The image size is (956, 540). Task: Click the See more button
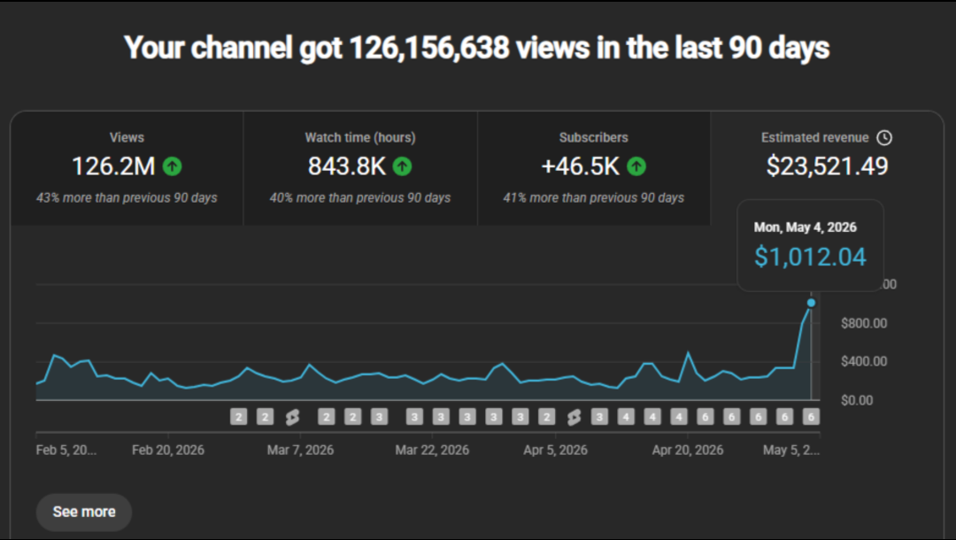[x=84, y=512]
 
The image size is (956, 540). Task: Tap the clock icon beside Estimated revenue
[x=884, y=138]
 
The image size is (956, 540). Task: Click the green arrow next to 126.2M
[x=173, y=166]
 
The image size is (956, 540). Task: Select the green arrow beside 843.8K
[x=403, y=166]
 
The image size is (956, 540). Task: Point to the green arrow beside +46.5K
[x=636, y=166]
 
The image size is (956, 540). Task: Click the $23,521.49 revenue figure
[x=828, y=166]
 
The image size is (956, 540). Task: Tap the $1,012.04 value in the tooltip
[x=810, y=257]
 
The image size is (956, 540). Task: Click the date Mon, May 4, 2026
[x=805, y=228]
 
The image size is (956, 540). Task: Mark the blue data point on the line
[x=811, y=303]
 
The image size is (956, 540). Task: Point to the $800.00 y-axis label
[x=864, y=323]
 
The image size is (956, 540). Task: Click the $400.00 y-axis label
[x=864, y=361]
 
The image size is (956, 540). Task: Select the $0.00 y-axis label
[x=857, y=400]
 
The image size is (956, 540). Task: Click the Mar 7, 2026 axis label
[x=300, y=451]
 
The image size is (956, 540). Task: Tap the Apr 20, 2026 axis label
[x=688, y=451]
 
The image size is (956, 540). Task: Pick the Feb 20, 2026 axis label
[x=167, y=451]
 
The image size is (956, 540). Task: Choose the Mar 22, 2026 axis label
[x=432, y=451]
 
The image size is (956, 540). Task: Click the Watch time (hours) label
[x=360, y=138]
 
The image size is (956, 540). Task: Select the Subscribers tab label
[x=594, y=138]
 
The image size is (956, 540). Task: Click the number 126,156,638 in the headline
[x=429, y=48]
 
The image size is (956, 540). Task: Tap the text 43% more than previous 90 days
[x=127, y=198]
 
